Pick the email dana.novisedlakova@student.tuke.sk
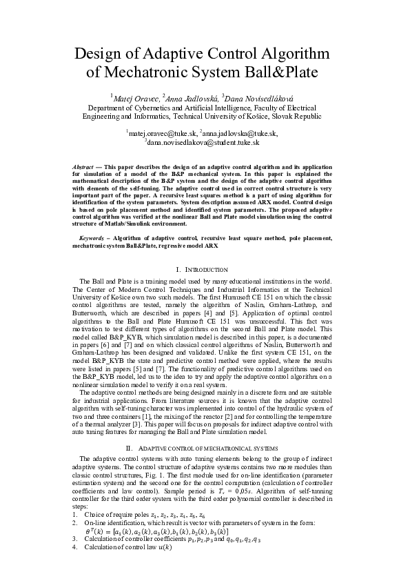point(203,141)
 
